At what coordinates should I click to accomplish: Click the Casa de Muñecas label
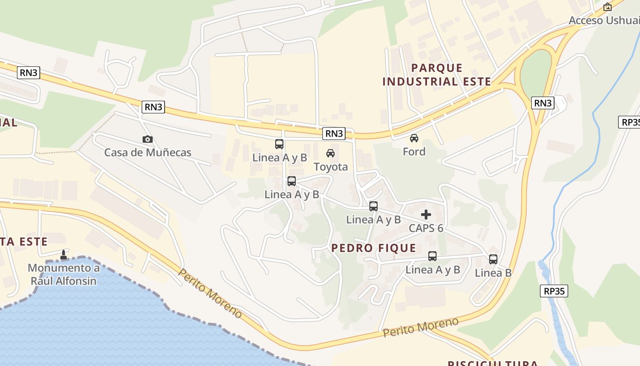click(148, 152)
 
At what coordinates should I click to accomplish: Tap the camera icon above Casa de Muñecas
click(148, 139)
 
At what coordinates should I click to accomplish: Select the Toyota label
click(331, 167)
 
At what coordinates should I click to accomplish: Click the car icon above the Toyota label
click(331, 153)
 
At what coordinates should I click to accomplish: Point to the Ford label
click(414, 151)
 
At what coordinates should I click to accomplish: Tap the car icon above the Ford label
click(414, 138)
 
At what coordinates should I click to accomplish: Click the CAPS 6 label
click(426, 228)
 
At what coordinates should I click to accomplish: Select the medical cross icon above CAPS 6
click(426, 215)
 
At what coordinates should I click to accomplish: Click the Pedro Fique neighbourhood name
click(373, 248)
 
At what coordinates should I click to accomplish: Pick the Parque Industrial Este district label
click(437, 75)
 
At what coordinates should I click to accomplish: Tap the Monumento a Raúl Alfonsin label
click(64, 274)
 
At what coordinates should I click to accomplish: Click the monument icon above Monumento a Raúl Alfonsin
click(64, 255)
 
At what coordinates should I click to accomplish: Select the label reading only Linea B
click(493, 273)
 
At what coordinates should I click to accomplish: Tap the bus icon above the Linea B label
click(493, 259)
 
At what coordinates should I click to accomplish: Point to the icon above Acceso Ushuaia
click(608, 7)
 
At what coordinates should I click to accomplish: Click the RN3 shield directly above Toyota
click(334, 134)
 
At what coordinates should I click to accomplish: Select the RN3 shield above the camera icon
click(153, 107)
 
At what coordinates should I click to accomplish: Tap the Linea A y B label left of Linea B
click(432, 269)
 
